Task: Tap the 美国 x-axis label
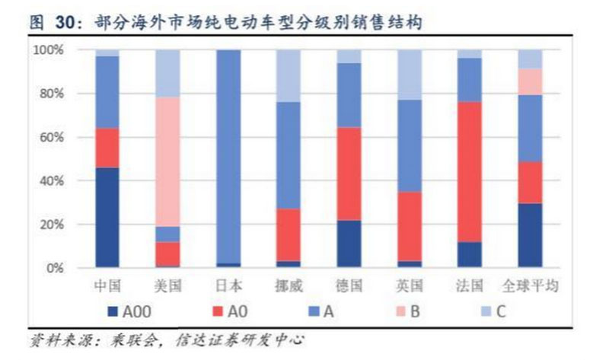[x=167, y=287]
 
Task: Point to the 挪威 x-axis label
[x=288, y=287]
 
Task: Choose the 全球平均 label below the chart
[x=531, y=287]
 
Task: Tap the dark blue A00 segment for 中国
[x=107, y=218]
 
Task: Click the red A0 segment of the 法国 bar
[x=470, y=172]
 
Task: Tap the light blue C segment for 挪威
[x=289, y=76]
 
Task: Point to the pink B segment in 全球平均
[x=530, y=81]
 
